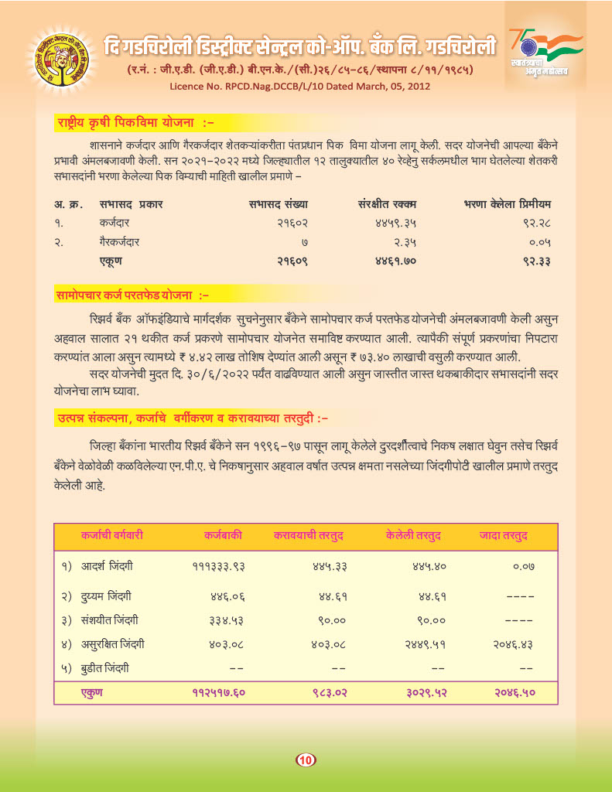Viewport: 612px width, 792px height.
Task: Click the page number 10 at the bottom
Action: coord(306,760)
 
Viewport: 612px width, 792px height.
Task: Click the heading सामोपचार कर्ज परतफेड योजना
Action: coord(132,295)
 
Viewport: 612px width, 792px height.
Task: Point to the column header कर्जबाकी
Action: coord(224,535)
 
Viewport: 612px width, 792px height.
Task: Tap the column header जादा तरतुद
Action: coord(504,535)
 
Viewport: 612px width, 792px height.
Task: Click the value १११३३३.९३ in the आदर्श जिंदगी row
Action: coord(218,566)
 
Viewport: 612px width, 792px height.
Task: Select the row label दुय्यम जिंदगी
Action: coord(107,596)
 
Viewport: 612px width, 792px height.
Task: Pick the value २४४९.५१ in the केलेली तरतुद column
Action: coord(421,643)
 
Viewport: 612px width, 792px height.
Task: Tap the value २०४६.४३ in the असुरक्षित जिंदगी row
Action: coord(515,643)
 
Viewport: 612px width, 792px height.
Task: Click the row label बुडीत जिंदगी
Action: coord(105,667)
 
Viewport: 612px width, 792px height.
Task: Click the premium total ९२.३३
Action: coord(537,261)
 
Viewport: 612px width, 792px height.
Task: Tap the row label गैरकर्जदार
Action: coord(119,242)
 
